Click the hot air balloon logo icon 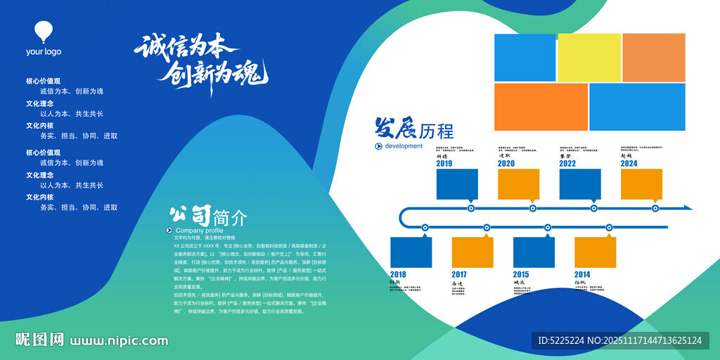point(44,32)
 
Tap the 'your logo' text point(44,51)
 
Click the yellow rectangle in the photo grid point(589,58)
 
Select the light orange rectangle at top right point(653,58)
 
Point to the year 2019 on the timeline point(444,164)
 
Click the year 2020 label point(506,164)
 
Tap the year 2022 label point(567,164)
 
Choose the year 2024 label point(629,164)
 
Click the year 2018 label point(398,274)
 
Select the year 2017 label point(459,274)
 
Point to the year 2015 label point(521,274)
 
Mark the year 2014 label point(582,274)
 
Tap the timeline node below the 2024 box point(655,208)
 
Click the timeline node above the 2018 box point(425,227)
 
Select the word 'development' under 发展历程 point(404,146)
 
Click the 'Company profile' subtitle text point(199,231)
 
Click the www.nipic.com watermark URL point(119,341)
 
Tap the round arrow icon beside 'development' point(379,146)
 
